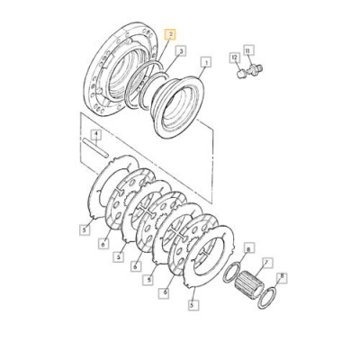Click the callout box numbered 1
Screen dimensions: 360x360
pyautogui.click(x=206, y=63)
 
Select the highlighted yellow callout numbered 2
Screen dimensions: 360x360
pyautogui.click(x=170, y=35)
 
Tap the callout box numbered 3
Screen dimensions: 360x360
pyautogui.click(x=181, y=51)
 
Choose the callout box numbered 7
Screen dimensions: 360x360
pyautogui.click(x=266, y=263)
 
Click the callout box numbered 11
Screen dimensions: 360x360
pyautogui.click(x=248, y=51)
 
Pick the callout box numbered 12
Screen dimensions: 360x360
pyautogui.click(x=235, y=58)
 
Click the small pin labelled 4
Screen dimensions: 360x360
pyautogui.click(x=94, y=147)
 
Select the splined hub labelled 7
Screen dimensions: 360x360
pyautogui.click(x=249, y=283)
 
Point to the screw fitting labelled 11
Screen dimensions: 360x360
pyautogui.click(x=255, y=69)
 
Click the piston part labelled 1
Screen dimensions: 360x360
pyautogui.click(x=179, y=107)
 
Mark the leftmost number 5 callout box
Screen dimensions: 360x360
pyautogui.click(x=85, y=229)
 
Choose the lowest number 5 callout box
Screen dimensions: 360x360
pyautogui.click(x=193, y=305)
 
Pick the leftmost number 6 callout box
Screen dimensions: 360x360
pyautogui.click(x=103, y=244)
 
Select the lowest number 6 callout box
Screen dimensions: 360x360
pyautogui.click(x=164, y=292)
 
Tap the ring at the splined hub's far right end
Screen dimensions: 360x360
pyautogui.click(x=265, y=297)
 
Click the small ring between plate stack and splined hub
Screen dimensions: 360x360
pyautogui.click(x=231, y=272)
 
